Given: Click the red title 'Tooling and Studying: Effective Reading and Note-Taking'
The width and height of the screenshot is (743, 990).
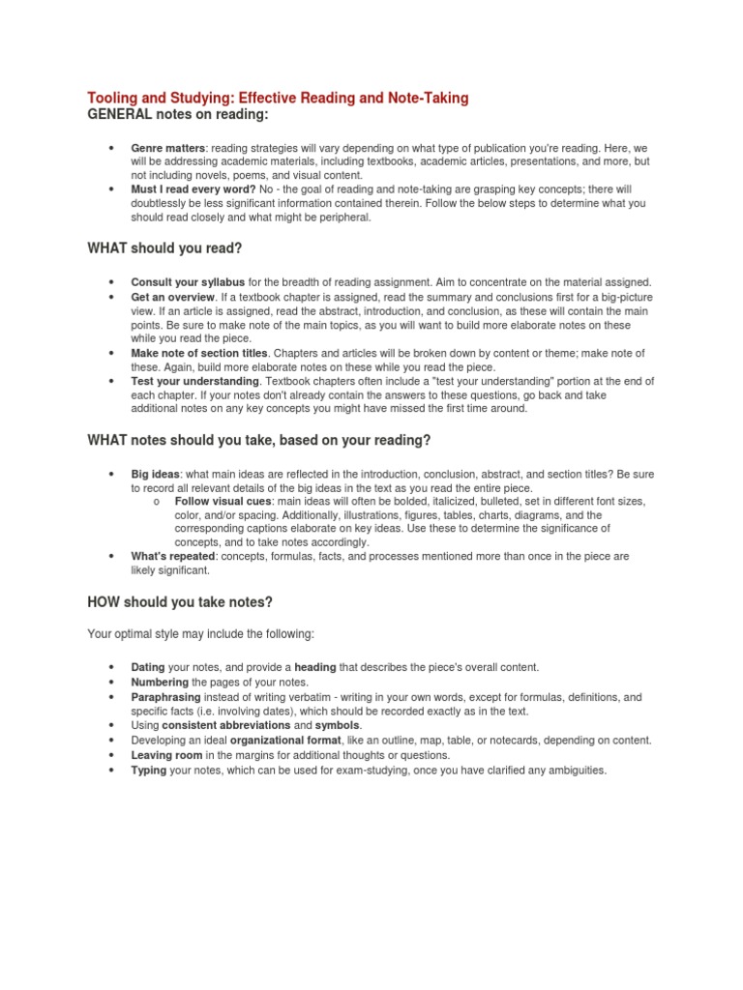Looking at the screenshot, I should pyautogui.click(x=278, y=99).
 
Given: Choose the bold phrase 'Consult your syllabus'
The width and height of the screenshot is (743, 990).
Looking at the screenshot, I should pyautogui.click(x=188, y=281).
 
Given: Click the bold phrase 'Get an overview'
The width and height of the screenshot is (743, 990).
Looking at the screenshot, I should pyautogui.click(x=172, y=296).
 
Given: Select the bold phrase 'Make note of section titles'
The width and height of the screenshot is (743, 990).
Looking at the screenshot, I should pyautogui.click(x=198, y=353).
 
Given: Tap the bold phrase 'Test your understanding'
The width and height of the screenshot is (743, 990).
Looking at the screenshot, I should pyautogui.click(x=193, y=381).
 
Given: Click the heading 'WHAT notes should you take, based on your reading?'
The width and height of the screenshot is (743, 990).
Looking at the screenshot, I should pyautogui.click(x=258, y=440).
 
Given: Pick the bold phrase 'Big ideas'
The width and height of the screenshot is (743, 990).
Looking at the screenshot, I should pyautogui.click(x=155, y=473).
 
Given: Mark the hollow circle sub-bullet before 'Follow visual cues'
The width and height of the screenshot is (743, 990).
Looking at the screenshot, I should pyautogui.click(x=156, y=502).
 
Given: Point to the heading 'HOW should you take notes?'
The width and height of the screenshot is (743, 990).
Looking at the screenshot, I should pyautogui.click(x=180, y=602).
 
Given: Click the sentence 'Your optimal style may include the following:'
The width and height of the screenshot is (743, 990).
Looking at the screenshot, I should pyautogui.click(x=200, y=634).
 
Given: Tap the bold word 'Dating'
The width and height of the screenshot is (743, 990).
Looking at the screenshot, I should pyautogui.click(x=148, y=667).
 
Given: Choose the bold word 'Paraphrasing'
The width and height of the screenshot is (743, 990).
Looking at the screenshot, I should pyautogui.click(x=165, y=696).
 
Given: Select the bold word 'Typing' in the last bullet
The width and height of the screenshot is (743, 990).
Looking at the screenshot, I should pyautogui.click(x=149, y=770).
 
